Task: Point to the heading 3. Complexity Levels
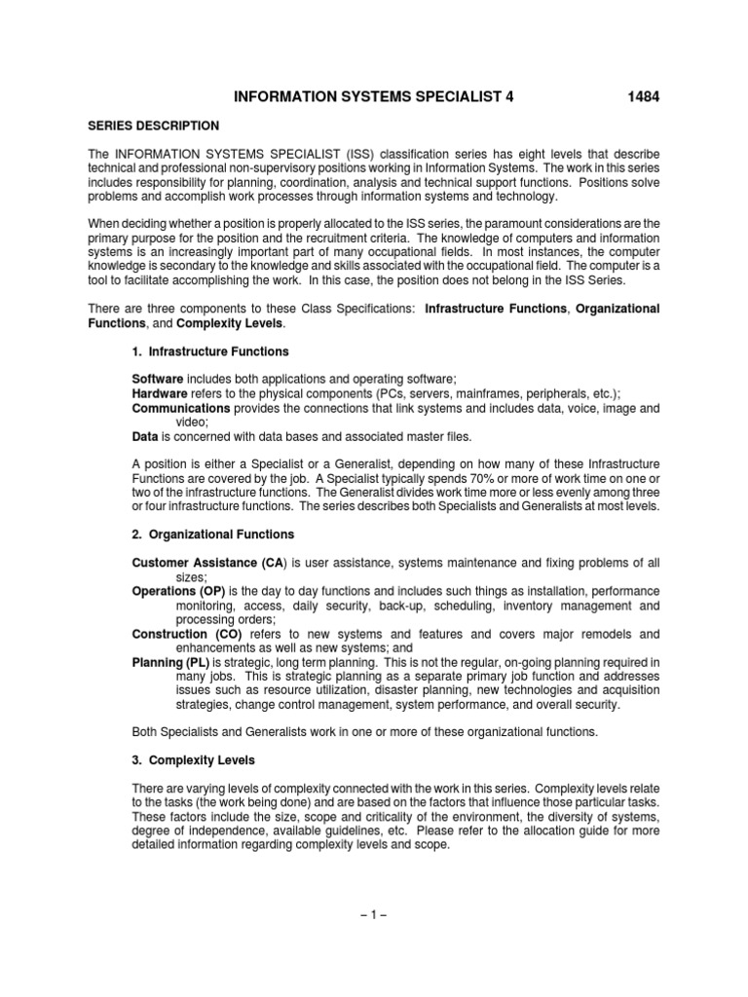pos(189,759)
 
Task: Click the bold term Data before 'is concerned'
pos(144,437)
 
